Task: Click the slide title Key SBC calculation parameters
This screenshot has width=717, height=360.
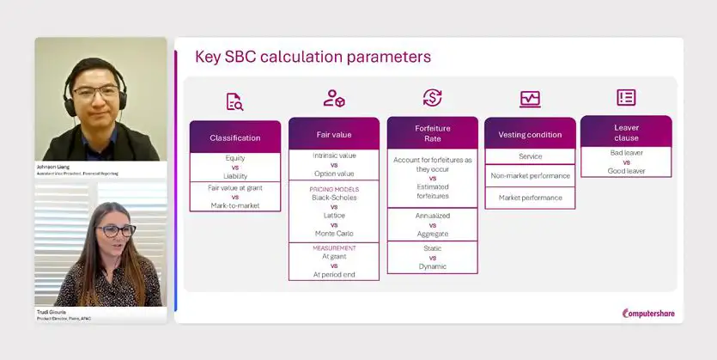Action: pos(313,58)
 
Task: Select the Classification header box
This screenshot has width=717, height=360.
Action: pos(234,137)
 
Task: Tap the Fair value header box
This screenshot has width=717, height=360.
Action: pos(333,134)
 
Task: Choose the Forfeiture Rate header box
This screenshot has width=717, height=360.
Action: pos(432,134)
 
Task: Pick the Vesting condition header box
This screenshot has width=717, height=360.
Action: pos(530,134)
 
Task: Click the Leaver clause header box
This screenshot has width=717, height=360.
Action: pos(626,131)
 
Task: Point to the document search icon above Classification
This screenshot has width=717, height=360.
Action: pos(234,101)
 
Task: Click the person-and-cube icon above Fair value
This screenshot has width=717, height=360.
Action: pos(334,98)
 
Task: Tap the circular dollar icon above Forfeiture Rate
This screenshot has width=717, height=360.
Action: pos(432,98)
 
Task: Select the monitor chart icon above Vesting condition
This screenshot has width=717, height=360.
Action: pos(530,99)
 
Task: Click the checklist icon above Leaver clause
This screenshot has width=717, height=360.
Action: pos(626,97)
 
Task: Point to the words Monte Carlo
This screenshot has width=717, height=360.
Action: pos(333,234)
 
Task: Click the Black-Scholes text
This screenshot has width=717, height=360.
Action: pos(333,198)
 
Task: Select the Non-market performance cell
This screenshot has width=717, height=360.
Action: pos(530,175)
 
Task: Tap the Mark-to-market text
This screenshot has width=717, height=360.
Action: pos(234,205)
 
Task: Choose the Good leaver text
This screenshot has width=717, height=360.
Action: pos(626,171)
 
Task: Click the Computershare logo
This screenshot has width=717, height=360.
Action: pos(648,314)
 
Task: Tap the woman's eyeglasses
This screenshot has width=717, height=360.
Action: pos(115,230)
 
